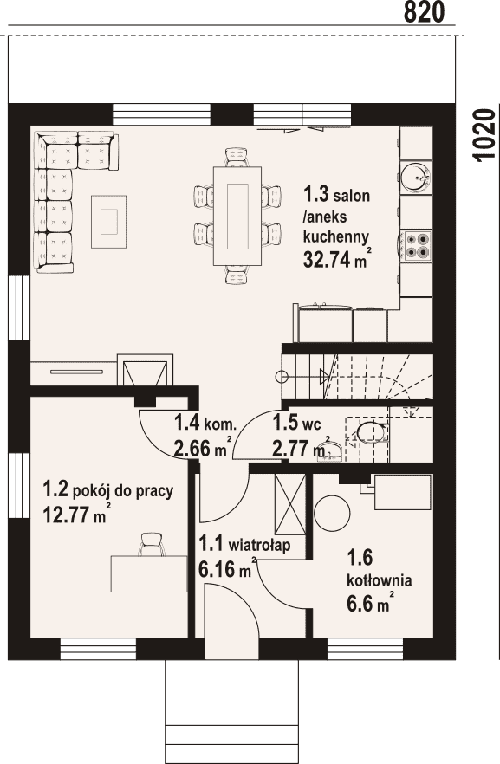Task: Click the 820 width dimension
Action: tap(424, 12)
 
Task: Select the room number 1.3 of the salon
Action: tap(317, 194)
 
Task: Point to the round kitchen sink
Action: tap(416, 175)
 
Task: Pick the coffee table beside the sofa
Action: tap(108, 221)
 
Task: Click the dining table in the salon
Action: tap(237, 216)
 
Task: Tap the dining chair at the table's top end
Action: tap(237, 157)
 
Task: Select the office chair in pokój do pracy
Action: tap(152, 544)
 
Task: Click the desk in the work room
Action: tap(149, 573)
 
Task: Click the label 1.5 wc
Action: tap(296, 423)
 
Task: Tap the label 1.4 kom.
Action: tap(205, 423)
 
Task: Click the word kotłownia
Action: tap(380, 580)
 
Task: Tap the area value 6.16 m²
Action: tap(228, 567)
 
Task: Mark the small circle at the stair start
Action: tap(281, 377)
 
